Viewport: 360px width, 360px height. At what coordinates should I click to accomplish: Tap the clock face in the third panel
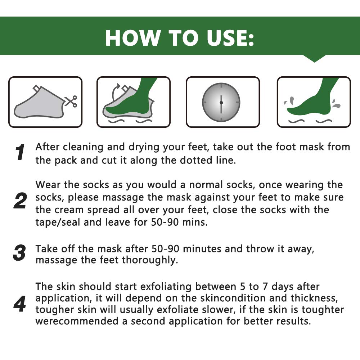tap(221, 102)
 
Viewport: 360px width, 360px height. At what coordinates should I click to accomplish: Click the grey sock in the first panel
tap(40, 104)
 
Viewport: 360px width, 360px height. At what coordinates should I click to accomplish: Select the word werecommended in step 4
tap(78, 321)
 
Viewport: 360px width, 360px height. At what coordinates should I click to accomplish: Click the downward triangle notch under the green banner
tap(314, 59)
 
